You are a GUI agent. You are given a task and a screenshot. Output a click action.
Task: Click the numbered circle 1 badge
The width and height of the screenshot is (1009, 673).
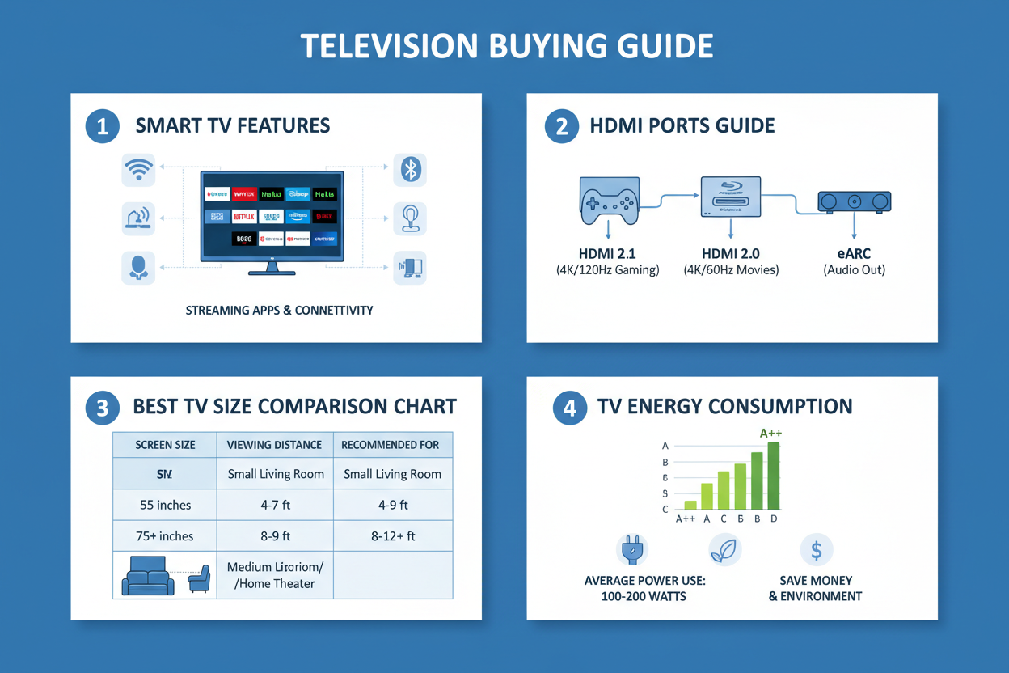(103, 127)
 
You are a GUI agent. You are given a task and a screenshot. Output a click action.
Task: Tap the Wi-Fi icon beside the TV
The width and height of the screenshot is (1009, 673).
(138, 170)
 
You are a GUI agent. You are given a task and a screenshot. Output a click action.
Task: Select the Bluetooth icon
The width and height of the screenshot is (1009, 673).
(411, 169)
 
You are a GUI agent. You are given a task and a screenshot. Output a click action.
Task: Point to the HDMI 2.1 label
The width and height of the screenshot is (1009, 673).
(607, 254)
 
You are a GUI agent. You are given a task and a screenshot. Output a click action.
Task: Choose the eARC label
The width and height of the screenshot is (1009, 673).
(854, 254)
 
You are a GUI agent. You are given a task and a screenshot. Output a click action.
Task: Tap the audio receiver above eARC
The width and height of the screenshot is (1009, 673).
(854, 201)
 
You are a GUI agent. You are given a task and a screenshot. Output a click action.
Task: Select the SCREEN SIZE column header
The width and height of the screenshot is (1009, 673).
(165, 445)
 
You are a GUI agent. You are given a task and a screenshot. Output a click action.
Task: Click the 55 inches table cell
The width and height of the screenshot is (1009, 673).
(165, 505)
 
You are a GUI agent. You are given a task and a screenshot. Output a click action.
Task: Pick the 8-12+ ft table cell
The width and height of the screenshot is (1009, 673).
(392, 536)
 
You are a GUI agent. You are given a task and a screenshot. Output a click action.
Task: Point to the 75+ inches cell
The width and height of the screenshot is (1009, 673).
(165, 536)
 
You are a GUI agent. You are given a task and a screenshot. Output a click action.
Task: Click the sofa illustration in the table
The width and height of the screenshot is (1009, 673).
(148, 575)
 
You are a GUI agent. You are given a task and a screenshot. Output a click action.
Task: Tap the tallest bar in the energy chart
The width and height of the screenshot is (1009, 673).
(774, 476)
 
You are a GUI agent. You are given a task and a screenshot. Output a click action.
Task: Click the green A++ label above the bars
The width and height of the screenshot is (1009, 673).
(770, 434)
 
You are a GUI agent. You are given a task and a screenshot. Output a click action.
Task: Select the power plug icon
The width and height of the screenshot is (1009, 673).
(631, 550)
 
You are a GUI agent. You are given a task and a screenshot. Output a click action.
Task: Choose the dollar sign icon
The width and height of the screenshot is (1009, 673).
(816, 550)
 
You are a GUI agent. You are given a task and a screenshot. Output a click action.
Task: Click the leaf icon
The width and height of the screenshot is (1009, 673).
(724, 550)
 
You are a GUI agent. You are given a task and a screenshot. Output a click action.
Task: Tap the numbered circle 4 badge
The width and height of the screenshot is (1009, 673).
(569, 408)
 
